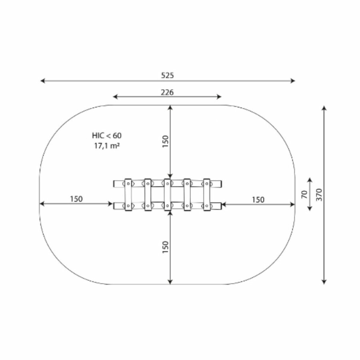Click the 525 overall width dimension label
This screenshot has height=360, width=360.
(167, 75)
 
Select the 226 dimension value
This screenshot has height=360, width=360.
(167, 92)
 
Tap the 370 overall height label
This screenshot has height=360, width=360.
(319, 195)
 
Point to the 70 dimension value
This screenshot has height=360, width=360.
(304, 194)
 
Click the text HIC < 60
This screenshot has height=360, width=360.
(107, 136)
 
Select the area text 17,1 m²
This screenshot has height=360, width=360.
(107, 146)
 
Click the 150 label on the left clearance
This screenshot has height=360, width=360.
(76, 199)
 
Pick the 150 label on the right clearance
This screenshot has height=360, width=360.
(258, 200)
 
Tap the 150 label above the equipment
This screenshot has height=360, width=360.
(165, 142)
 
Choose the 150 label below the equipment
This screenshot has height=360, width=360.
(165, 247)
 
